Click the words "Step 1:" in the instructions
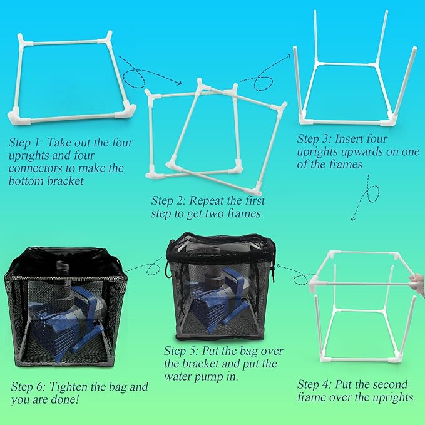coord(26,143)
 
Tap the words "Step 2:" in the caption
coord(168,201)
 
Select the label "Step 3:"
coord(315,139)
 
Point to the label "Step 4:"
coord(315,384)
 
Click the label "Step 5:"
coord(182,351)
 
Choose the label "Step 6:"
coord(29,387)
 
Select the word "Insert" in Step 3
coord(354,139)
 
